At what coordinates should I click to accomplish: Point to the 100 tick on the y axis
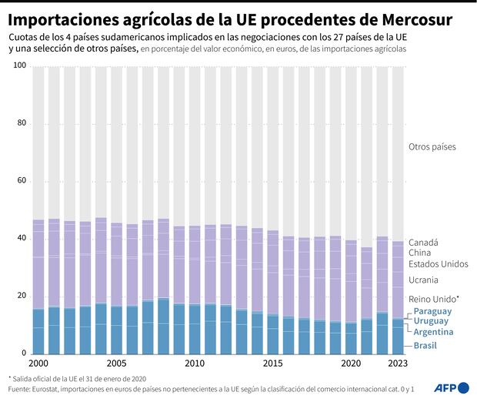point(21,66)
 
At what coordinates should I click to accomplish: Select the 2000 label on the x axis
point(39,363)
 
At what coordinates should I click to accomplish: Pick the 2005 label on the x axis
point(117,363)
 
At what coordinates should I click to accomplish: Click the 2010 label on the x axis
point(195,363)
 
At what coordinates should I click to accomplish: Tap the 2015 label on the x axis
point(274,363)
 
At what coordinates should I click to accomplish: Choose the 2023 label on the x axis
point(398,363)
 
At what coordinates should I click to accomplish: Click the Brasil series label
point(425,345)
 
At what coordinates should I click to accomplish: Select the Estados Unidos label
point(438,264)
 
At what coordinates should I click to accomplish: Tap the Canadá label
point(424,242)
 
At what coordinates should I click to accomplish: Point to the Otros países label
point(432,146)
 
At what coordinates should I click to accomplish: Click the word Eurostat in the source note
point(41,389)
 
